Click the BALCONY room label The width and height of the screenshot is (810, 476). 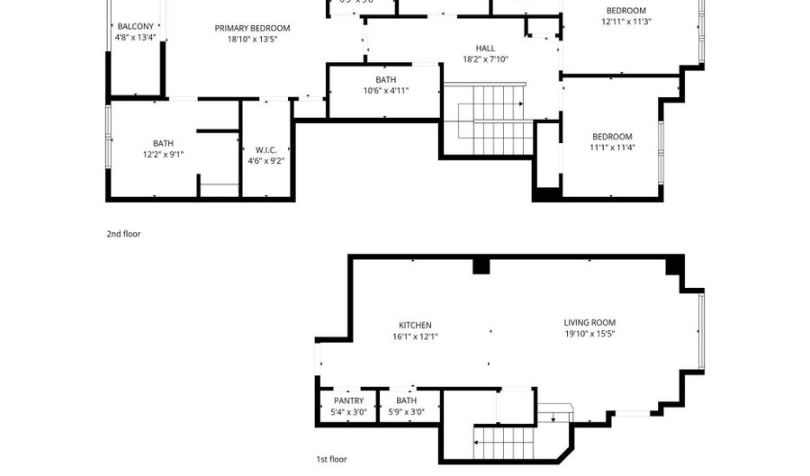pyautogui.click(x=136, y=27)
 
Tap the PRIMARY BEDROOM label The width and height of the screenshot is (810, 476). pyautogui.click(x=252, y=28)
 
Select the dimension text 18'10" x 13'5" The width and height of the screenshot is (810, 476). pyautogui.click(x=252, y=40)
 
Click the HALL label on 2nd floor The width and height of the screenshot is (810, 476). pyautogui.click(x=485, y=49)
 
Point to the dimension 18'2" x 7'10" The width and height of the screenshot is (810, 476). pyautogui.click(x=485, y=60)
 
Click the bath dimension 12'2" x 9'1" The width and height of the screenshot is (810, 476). pyautogui.click(x=163, y=154)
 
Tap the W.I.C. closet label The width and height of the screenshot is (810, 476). pyautogui.click(x=265, y=150)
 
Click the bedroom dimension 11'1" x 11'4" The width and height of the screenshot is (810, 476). pyautogui.click(x=612, y=148)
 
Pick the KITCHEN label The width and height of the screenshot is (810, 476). pyautogui.click(x=415, y=325)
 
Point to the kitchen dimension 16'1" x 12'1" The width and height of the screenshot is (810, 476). pyautogui.click(x=415, y=337)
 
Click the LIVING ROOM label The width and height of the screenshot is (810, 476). pyautogui.click(x=589, y=322)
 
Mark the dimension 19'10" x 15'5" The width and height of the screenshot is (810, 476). pyautogui.click(x=589, y=334)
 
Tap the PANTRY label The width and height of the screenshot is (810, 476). pyautogui.click(x=348, y=400)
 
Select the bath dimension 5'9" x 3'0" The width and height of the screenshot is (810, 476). pyautogui.click(x=406, y=412)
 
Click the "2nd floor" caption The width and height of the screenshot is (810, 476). pyautogui.click(x=123, y=234)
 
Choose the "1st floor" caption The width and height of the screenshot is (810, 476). pyautogui.click(x=331, y=459)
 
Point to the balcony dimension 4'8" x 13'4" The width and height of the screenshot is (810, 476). pyautogui.click(x=136, y=38)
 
